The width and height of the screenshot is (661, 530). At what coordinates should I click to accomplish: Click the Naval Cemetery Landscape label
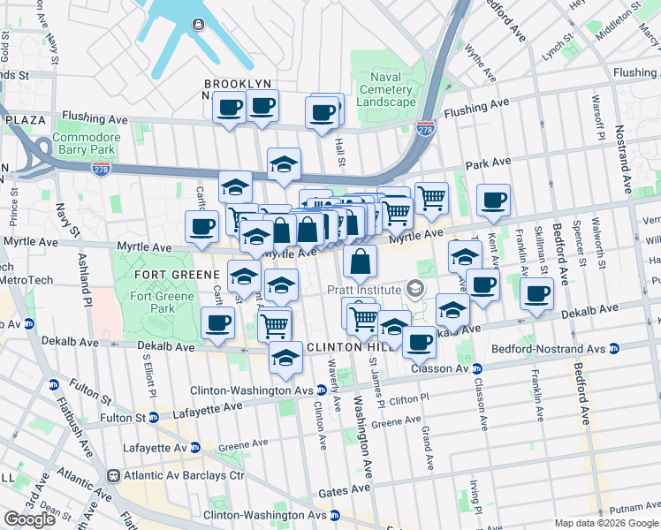coord(386,90)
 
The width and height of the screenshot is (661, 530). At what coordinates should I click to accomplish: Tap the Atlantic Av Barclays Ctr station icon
coord(113,475)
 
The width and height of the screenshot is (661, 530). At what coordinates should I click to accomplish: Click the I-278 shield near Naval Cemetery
coord(426,129)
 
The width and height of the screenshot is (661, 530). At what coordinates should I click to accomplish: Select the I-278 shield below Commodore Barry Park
coord(101,167)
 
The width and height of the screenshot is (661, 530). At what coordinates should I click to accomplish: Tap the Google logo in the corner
coord(30,519)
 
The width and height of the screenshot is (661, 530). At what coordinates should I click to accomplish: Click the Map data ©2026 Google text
coord(605,523)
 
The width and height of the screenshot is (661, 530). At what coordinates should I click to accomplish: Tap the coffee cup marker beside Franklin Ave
coord(536,295)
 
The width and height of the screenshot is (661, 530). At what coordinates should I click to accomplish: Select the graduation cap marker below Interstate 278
coord(284,164)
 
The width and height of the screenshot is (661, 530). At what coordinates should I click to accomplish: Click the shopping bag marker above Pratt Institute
coord(360,262)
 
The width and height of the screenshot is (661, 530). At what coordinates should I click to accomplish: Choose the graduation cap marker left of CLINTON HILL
coord(285,358)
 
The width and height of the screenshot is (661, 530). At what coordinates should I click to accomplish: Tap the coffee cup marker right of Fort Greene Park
coord(217,322)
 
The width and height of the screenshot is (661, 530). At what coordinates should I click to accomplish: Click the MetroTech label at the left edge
coord(27,280)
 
